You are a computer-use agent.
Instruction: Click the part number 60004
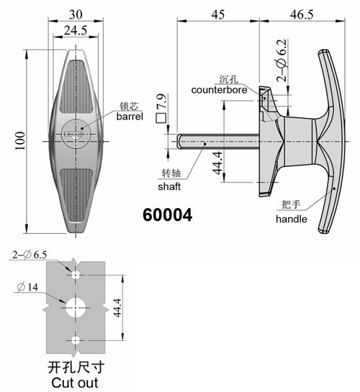click(167, 215)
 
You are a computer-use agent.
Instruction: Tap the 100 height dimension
click(20, 141)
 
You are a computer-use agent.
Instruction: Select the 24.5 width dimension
click(76, 30)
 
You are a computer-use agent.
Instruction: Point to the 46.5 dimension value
click(302, 14)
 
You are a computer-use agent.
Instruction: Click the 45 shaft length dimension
click(218, 14)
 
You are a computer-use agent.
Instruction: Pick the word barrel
click(130, 117)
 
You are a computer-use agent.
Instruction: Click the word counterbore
click(219, 90)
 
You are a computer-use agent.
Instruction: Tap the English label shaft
click(169, 186)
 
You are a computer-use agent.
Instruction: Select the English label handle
click(292, 219)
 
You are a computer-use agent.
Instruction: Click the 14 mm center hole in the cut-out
click(76, 308)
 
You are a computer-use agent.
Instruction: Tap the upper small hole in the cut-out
click(76, 275)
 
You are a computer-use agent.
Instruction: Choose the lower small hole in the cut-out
click(76, 340)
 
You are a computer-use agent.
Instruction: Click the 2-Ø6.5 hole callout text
click(30, 255)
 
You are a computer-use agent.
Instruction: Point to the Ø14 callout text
click(28, 287)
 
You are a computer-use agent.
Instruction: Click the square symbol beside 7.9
click(161, 118)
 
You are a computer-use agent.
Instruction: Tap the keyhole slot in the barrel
click(73, 134)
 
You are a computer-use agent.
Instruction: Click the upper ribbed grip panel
click(76, 86)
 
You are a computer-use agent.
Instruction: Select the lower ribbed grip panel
click(76, 196)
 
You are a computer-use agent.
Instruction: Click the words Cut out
click(75, 383)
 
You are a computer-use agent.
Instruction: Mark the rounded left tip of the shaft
click(179, 142)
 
